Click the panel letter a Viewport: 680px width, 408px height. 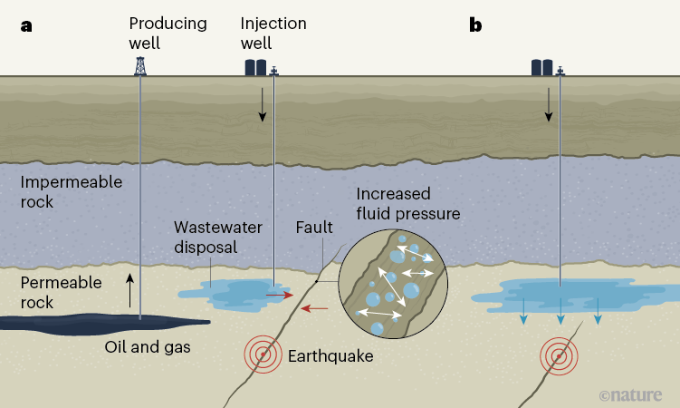26,24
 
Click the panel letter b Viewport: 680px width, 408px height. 475,24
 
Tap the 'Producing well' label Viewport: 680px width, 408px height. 168,32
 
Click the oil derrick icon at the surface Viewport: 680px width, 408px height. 139,65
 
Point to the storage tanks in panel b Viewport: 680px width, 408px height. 542,66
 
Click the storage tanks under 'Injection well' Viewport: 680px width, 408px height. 255,66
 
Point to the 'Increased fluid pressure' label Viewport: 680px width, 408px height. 407,204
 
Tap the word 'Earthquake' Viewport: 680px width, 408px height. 330,356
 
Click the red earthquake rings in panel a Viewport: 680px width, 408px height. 263,355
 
